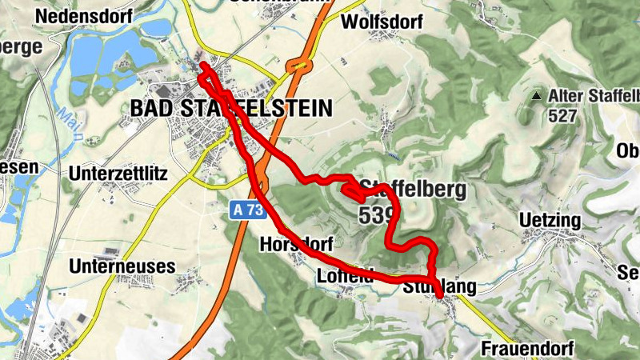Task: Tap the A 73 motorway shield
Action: tap(244, 210)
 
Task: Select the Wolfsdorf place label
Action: tap(381, 22)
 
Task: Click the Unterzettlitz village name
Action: tap(118, 173)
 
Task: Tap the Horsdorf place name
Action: tap(296, 244)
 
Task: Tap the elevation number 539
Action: tap(376, 215)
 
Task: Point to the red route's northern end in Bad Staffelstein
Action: tap(203, 64)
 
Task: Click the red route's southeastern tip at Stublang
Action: tap(441, 296)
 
